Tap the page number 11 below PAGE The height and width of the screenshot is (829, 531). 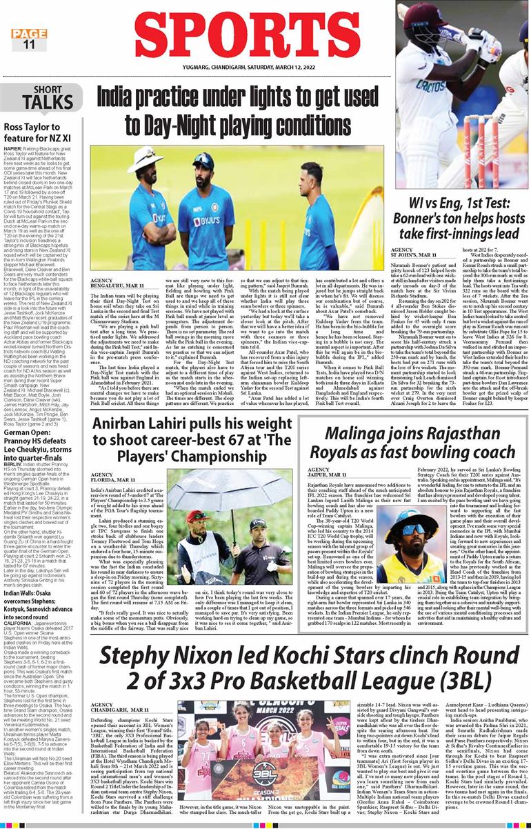29,45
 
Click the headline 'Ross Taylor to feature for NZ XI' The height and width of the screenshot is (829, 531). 43,127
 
